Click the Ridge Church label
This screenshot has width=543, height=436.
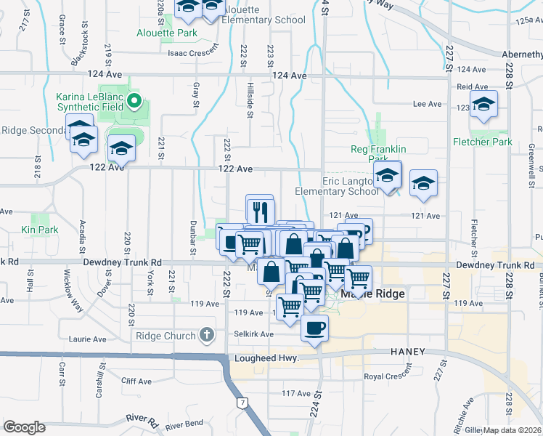tap(166, 336)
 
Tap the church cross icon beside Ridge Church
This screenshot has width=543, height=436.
tap(206, 335)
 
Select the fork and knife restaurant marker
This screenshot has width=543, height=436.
tap(259, 211)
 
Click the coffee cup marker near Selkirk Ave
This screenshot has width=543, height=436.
tap(314, 328)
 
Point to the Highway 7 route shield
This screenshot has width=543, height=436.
tap(241, 402)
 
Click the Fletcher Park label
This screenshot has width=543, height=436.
tap(482, 142)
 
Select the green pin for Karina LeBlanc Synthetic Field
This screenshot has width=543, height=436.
tap(134, 100)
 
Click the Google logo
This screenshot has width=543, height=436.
tap(24, 427)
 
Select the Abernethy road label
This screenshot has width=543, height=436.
tap(522, 54)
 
